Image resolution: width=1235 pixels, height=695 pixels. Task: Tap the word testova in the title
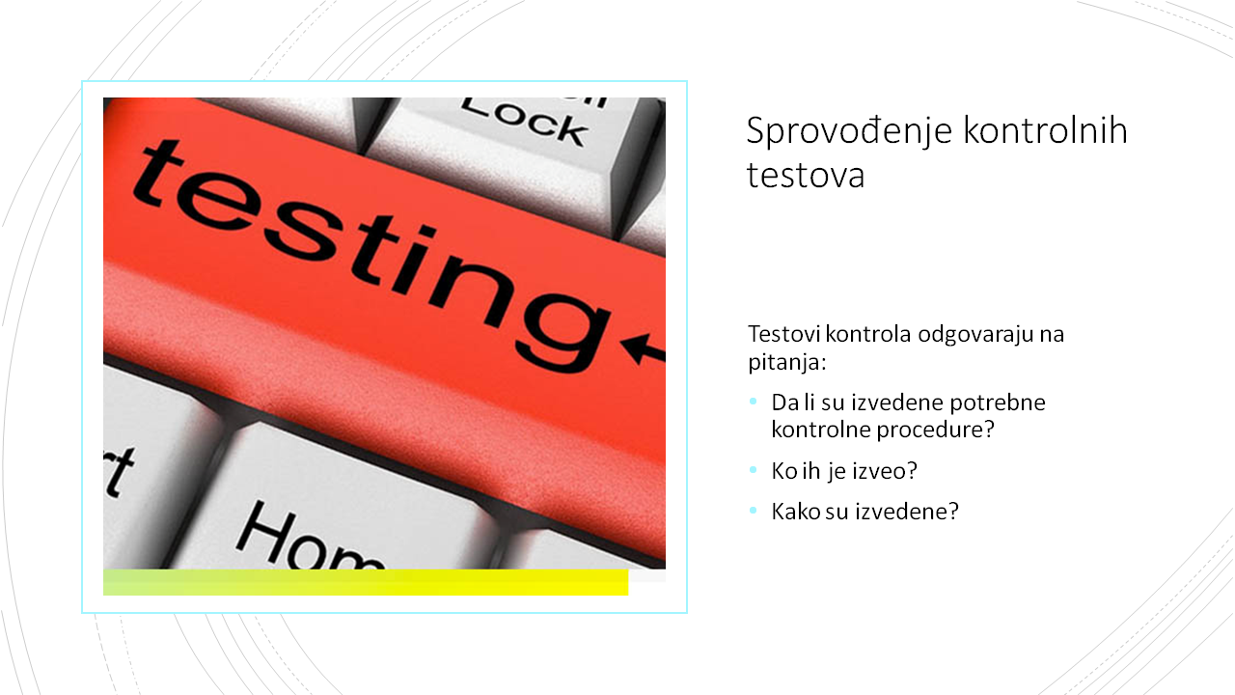coord(806,176)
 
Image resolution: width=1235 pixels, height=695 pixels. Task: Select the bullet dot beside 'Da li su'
coord(754,402)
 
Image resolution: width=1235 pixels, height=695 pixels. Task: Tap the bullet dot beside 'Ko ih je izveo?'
coord(754,470)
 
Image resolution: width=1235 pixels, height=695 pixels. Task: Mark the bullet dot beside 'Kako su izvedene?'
coord(754,511)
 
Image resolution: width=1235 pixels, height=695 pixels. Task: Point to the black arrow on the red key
coord(643,348)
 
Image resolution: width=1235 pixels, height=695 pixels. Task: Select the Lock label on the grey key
coord(524,123)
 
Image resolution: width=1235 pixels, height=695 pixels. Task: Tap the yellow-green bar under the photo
coord(366,582)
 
